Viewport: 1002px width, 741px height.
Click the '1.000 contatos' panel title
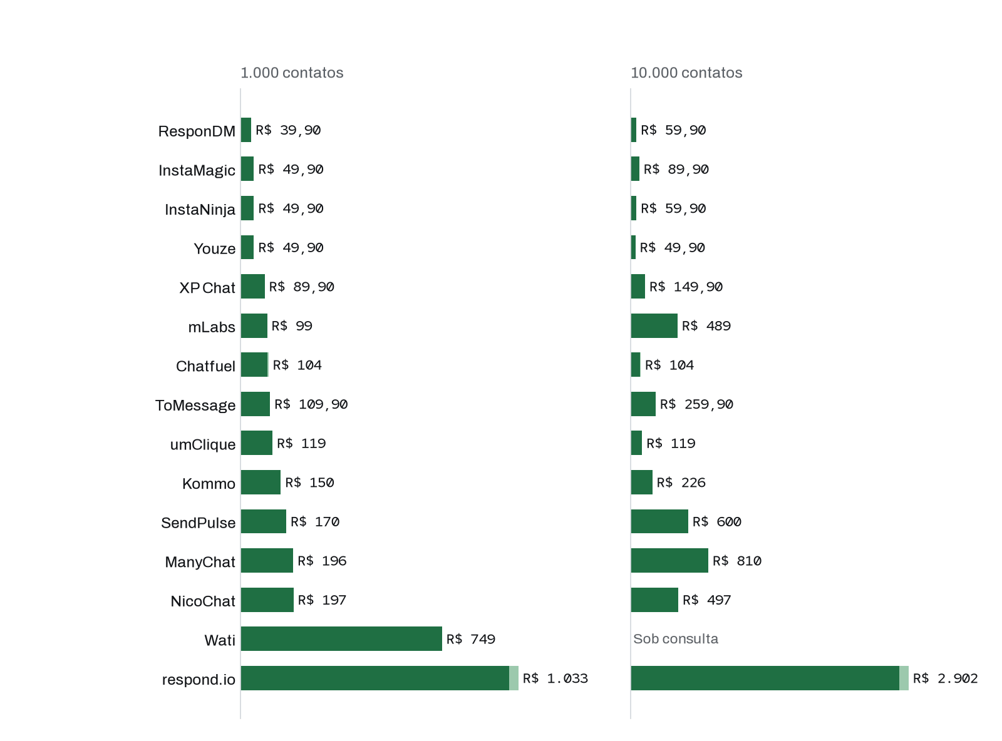pos(291,72)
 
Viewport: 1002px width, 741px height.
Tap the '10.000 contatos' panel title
pos(686,72)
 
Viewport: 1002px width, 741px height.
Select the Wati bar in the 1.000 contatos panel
pos(341,638)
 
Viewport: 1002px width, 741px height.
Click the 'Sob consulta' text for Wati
pos(675,638)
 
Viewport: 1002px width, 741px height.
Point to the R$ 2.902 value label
pos(945,678)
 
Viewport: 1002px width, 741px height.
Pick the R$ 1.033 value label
pos(555,678)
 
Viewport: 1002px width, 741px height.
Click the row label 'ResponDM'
pos(197,131)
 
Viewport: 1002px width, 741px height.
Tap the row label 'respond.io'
pos(199,680)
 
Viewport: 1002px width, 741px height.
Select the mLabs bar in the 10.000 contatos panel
pos(654,325)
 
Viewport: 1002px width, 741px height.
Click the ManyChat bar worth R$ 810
pos(669,560)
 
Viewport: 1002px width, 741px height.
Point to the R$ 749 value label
pos(471,638)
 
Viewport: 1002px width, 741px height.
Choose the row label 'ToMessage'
pos(195,406)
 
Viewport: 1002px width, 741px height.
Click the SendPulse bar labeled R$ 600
pos(659,521)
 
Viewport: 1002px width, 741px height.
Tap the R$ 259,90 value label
pos(696,404)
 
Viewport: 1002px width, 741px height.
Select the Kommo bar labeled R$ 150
pos(261,482)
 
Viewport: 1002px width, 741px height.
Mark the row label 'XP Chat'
pos(207,288)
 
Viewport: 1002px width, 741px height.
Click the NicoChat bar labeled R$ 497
pos(654,600)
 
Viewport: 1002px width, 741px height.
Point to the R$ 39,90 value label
pos(288,130)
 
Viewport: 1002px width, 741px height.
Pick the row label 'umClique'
pos(202,445)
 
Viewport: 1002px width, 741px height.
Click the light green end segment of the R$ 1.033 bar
pos(514,678)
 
